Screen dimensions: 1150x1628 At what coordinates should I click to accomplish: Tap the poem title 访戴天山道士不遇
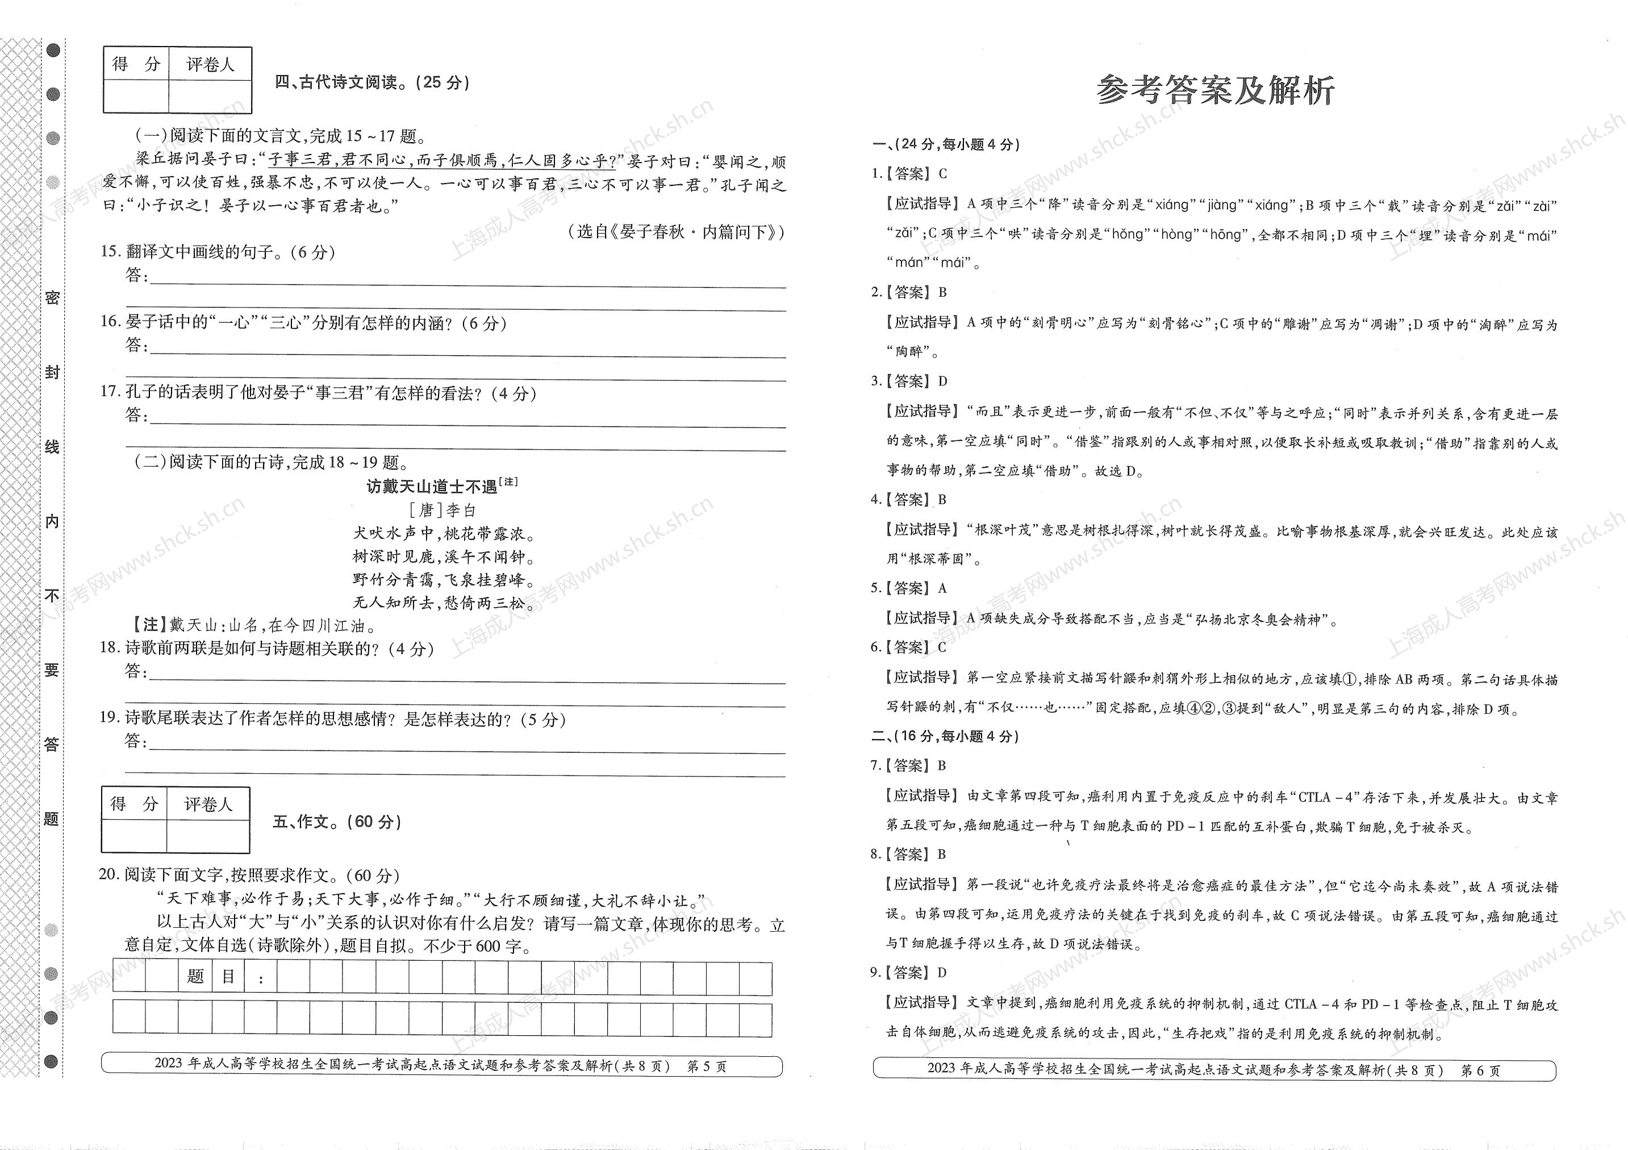pyautogui.click(x=432, y=487)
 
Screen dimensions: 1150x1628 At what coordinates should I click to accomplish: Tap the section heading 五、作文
pyautogui.click(x=337, y=821)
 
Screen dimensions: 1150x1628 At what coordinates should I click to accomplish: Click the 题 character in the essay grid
pyautogui.click(x=195, y=977)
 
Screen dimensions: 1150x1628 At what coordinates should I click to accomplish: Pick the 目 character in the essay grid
pyautogui.click(x=228, y=977)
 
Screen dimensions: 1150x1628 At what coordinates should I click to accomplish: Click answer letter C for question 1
pyautogui.click(x=942, y=174)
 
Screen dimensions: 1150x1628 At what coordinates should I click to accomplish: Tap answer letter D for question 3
pyautogui.click(x=942, y=381)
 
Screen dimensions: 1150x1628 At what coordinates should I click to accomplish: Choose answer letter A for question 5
pyautogui.click(x=942, y=589)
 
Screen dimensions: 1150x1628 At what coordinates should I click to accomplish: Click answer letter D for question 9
pyautogui.click(x=942, y=973)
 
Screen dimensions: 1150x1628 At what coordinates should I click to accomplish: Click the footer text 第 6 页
pyautogui.click(x=1480, y=1070)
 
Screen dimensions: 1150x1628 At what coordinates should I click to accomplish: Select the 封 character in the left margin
pyautogui.click(x=52, y=372)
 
